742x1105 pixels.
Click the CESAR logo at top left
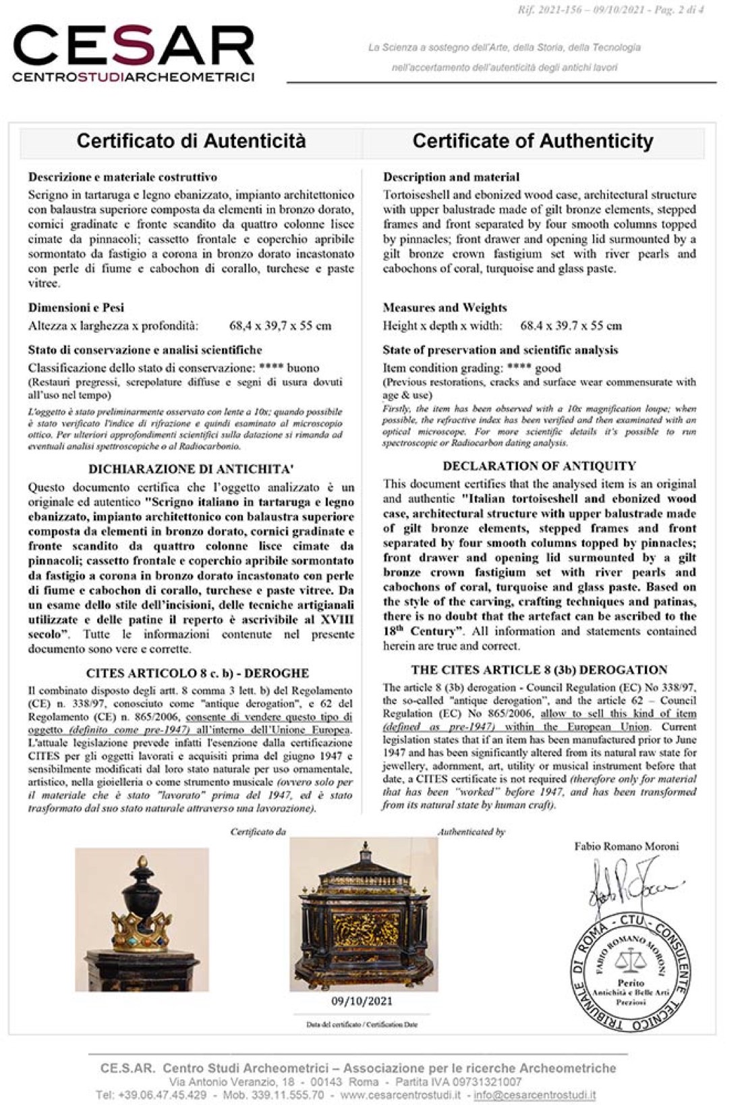tap(133, 53)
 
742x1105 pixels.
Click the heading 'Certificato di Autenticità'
tap(191, 141)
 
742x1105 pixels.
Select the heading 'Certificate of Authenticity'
tap(533, 141)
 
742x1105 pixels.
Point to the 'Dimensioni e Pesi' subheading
tap(76, 308)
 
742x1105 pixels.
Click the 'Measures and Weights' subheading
tap(445, 308)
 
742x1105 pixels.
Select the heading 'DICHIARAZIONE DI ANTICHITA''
tap(191, 469)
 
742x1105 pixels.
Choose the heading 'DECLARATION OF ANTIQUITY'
tap(539, 466)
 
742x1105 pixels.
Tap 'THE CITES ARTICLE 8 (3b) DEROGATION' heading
tap(539, 670)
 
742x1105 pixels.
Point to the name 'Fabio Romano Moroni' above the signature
tap(627, 846)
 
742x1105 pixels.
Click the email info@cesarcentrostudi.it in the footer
tap(536, 1094)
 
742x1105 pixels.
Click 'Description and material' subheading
tap(451, 177)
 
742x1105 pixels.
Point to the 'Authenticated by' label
tap(472, 832)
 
